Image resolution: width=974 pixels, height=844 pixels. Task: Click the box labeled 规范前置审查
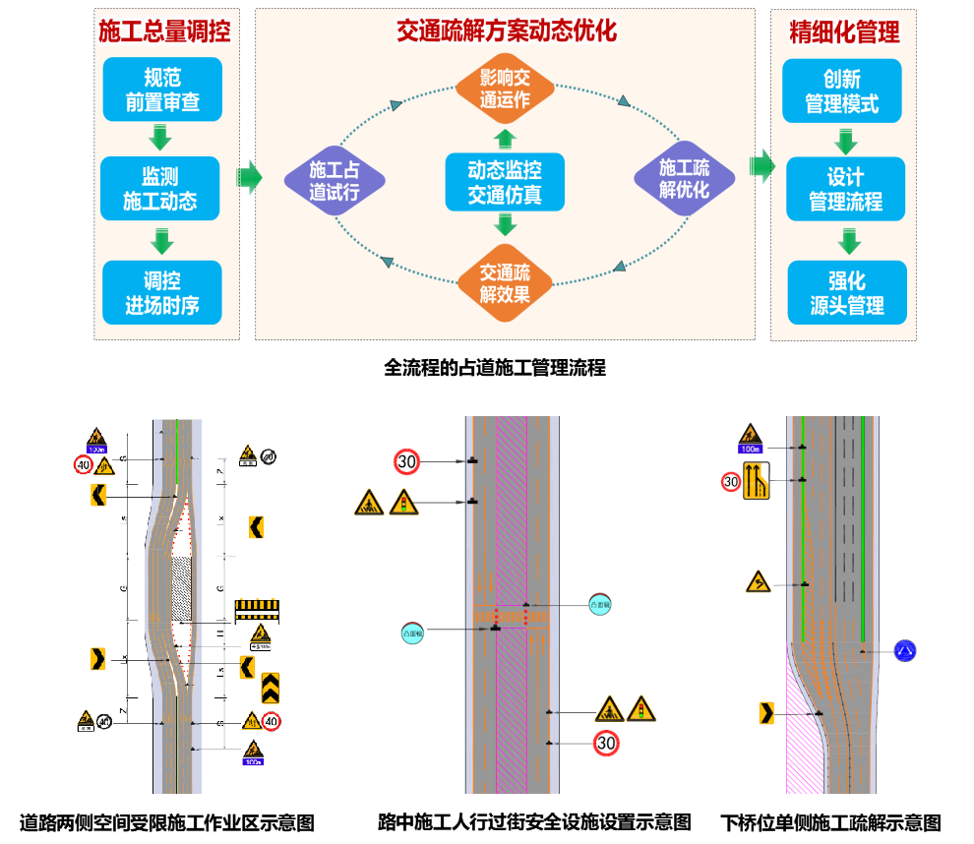[x=162, y=90]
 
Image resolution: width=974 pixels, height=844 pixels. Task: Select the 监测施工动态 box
[x=160, y=189]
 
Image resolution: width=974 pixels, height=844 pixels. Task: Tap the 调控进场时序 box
[x=162, y=292]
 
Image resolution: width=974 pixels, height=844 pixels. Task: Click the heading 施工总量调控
[x=165, y=31]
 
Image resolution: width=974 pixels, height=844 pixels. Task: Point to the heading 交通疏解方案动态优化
[x=506, y=30]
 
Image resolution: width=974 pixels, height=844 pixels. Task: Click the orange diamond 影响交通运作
[x=505, y=89]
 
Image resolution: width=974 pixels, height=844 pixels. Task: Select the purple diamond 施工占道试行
[x=335, y=180]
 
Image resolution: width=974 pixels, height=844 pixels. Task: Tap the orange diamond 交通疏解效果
[x=506, y=282]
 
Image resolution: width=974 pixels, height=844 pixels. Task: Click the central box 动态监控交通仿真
[x=505, y=182]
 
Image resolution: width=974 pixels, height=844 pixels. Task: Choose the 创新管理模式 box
[x=842, y=90]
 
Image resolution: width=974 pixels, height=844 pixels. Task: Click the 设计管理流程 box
[x=845, y=189]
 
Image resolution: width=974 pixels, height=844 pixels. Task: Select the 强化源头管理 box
[x=847, y=292]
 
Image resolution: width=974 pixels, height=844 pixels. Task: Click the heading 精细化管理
[x=844, y=32]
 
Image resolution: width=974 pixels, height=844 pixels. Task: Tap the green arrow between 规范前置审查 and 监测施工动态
[x=159, y=137]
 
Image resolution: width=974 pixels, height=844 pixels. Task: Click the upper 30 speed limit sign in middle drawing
[x=406, y=460]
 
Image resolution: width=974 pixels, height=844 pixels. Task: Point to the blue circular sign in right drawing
[x=905, y=650]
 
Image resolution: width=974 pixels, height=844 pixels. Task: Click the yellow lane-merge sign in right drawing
[x=757, y=481]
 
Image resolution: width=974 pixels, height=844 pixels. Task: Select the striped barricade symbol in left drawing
[x=257, y=610]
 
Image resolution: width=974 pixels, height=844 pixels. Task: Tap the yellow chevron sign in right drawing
[x=766, y=712]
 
